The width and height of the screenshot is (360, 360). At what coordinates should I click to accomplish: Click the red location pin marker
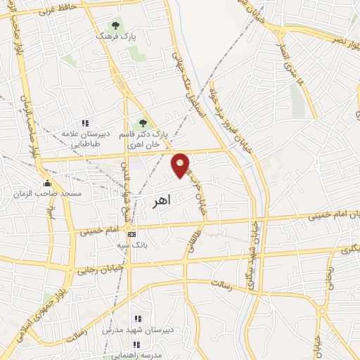click(181, 165)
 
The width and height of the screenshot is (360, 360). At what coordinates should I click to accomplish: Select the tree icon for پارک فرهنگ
click(116, 25)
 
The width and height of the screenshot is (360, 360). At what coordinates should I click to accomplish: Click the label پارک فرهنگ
click(116, 35)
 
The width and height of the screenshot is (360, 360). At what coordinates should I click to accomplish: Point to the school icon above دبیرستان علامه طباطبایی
click(86, 124)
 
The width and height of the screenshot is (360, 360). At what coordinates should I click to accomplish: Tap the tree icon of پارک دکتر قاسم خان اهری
click(144, 124)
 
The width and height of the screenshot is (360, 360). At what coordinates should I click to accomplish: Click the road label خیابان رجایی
click(104, 268)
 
